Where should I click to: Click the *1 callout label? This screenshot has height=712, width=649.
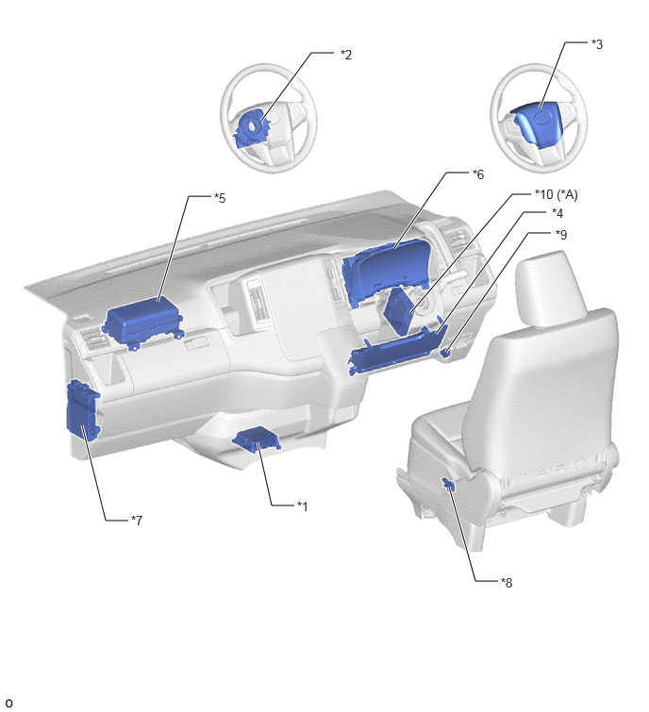(303, 505)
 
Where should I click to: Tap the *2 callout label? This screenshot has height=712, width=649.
(346, 55)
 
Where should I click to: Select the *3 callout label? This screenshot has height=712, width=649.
(597, 44)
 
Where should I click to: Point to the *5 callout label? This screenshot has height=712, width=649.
(220, 198)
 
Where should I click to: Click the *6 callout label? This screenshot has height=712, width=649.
(478, 174)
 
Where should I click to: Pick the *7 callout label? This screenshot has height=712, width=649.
(137, 520)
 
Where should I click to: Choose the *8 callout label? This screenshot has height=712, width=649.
(507, 582)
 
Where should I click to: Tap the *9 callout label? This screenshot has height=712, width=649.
(561, 234)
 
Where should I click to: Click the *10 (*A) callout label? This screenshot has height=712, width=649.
(556, 194)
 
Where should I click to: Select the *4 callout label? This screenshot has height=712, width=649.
(557, 212)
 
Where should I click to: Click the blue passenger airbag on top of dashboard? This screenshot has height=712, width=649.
(142, 323)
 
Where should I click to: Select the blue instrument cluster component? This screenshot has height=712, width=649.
(386, 272)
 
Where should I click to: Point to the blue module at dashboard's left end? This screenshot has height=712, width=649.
(83, 411)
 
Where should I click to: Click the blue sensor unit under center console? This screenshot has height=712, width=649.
(257, 439)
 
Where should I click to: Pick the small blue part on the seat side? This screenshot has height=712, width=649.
(449, 484)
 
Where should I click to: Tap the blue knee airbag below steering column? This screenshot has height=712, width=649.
(396, 350)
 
